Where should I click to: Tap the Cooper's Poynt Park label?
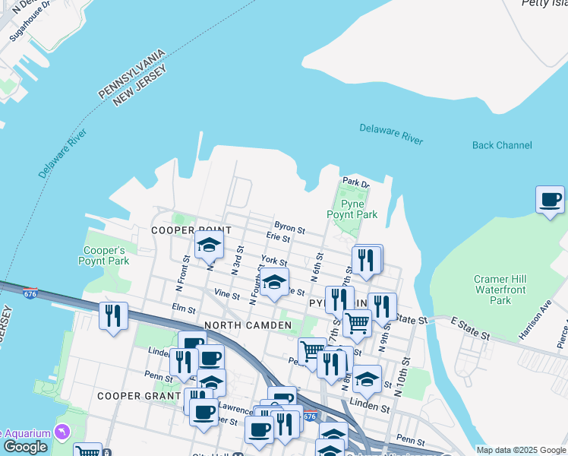(x=103, y=255)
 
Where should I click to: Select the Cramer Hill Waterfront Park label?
(x=500, y=290)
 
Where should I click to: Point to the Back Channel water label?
(x=502, y=145)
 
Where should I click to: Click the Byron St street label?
(x=289, y=228)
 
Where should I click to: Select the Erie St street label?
(x=279, y=239)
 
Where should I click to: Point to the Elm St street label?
(x=184, y=308)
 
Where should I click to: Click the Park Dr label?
(x=355, y=182)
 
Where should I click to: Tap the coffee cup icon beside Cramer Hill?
(x=551, y=200)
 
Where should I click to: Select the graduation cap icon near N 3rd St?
(x=209, y=245)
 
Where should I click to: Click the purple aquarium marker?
(x=60, y=432)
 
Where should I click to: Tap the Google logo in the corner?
(x=25, y=448)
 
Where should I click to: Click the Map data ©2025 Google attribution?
(x=520, y=450)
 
